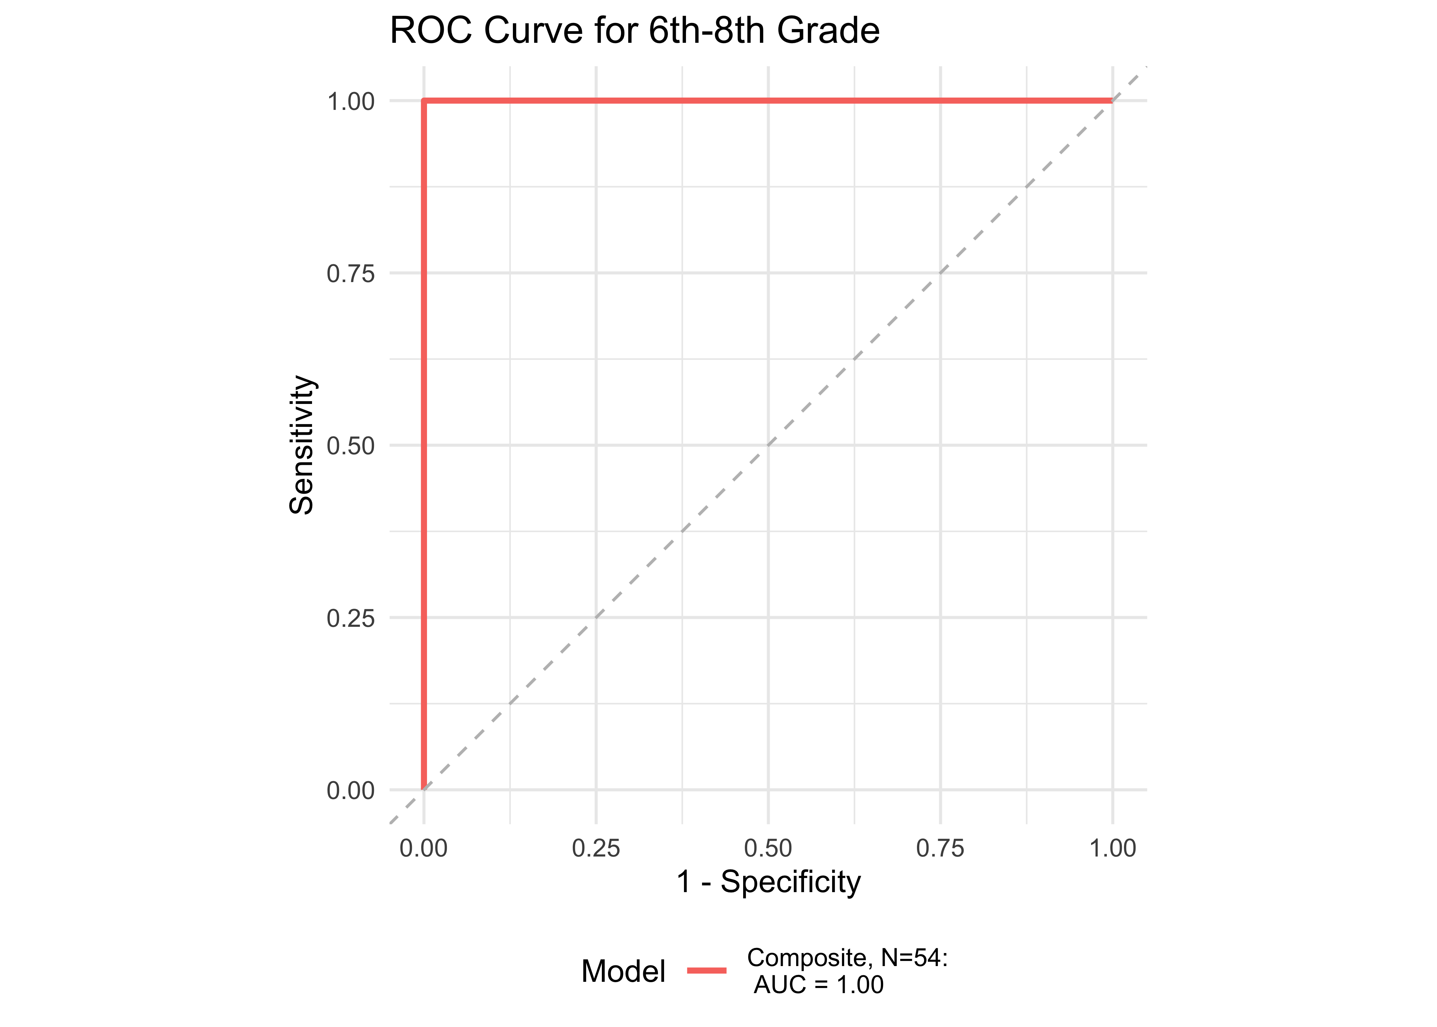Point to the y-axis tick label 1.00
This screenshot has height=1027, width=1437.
[x=351, y=102]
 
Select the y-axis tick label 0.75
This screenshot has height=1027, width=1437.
[x=351, y=274]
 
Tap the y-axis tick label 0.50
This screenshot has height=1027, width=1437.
[x=351, y=446]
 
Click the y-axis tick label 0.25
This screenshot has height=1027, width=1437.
[x=351, y=618]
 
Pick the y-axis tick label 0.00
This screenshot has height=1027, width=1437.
[x=351, y=790]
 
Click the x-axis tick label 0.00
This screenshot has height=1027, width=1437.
[x=423, y=848]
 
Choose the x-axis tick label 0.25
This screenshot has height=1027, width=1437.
[x=596, y=848]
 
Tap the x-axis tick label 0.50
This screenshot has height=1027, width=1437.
[x=768, y=848]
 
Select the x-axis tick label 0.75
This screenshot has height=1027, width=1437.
[x=940, y=848]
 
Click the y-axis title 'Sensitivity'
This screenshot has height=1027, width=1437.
[x=301, y=445]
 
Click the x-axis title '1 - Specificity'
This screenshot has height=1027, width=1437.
[x=768, y=882]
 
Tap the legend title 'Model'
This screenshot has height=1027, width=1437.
[x=623, y=971]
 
